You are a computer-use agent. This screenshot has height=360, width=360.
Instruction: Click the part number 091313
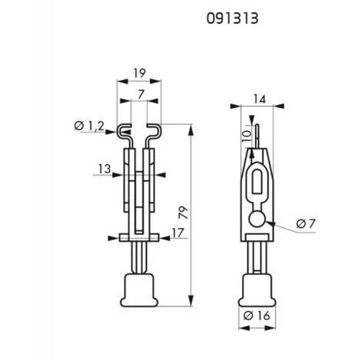click(232, 18)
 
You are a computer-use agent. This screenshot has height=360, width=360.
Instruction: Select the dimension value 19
click(139, 74)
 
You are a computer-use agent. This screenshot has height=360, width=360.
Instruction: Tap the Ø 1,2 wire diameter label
click(89, 126)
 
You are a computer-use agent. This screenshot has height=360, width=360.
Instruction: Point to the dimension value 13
click(105, 169)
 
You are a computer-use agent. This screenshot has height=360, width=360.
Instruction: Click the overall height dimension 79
click(183, 212)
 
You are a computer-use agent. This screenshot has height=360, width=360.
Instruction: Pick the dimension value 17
click(178, 233)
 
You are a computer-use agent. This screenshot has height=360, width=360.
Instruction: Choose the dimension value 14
click(260, 99)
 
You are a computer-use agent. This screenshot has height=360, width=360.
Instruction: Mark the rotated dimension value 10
click(247, 136)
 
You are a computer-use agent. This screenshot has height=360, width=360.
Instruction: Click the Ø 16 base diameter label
click(257, 316)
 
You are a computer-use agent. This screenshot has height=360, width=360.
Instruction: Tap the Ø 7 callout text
click(306, 224)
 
